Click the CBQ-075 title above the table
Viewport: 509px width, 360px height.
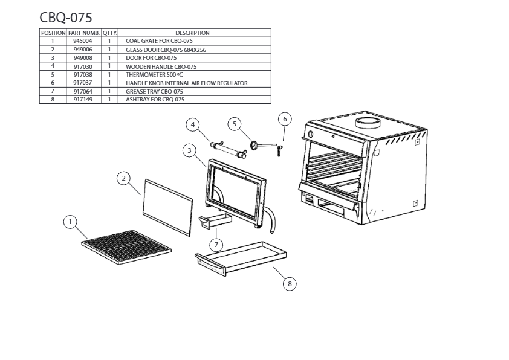pyautogui.click(x=66, y=18)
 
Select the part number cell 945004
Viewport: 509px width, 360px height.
pyautogui.click(x=83, y=41)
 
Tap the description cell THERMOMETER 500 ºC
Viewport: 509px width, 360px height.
pyautogui.click(x=155, y=75)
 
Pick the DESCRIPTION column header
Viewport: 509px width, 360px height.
pyautogui.click(x=192, y=33)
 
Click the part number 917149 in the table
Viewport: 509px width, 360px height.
pyautogui.click(x=83, y=100)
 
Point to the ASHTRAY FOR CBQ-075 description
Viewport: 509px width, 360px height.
pyautogui.click(x=155, y=100)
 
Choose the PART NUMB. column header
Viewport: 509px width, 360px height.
pyautogui.click(x=84, y=33)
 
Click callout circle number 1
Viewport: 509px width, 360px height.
pyautogui.click(x=70, y=222)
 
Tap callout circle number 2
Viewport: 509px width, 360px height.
pyautogui.click(x=123, y=178)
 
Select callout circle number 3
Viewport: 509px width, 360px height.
pyautogui.click(x=190, y=150)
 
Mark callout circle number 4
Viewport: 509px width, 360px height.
pyautogui.click(x=193, y=124)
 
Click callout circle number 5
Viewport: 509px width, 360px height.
pyautogui.click(x=235, y=124)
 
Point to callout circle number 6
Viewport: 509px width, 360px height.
pyautogui.click(x=285, y=119)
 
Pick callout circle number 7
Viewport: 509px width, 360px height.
pyautogui.click(x=216, y=245)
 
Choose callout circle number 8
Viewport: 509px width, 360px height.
pyautogui.click(x=290, y=284)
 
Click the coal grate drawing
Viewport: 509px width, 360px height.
pyautogui.click(x=126, y=247)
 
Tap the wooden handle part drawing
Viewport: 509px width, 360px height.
pyautogui.click(x=228, y=150)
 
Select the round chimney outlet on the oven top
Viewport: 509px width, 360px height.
pyautogui.click(x=367, y=122)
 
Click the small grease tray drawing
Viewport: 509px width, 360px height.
pyautogui.click(x=215, y=221)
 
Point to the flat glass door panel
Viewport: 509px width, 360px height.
pyautogui.click(x=167, y=208)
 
